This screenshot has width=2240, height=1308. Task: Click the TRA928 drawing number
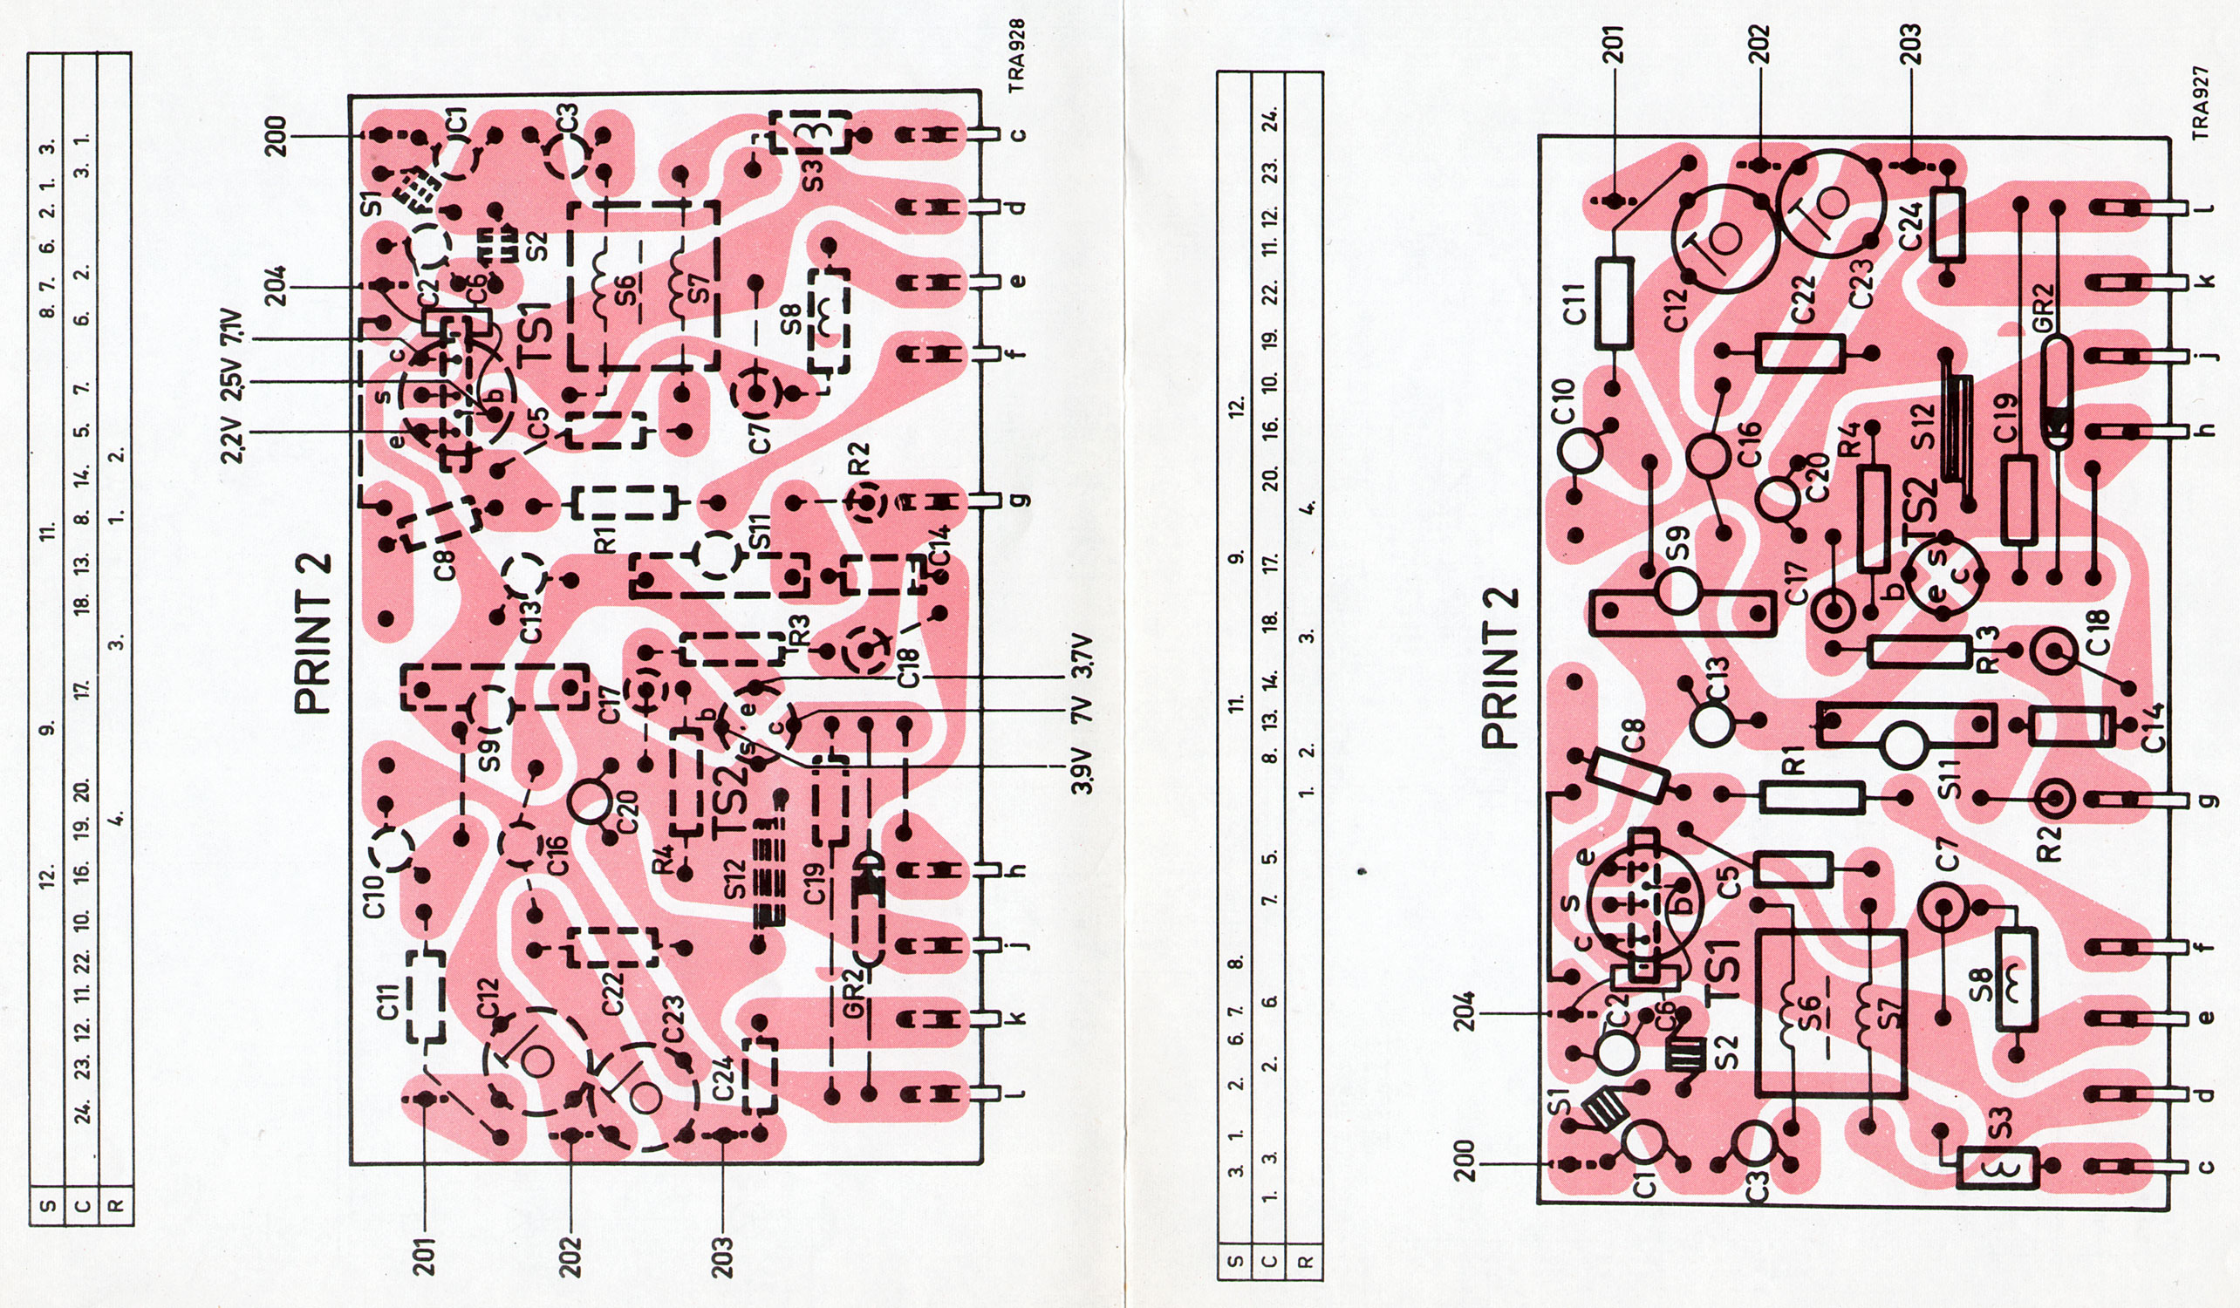click(1019, 55)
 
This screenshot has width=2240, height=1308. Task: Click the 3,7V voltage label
click(1082, 657)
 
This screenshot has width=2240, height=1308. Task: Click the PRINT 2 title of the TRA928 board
click(314, 633)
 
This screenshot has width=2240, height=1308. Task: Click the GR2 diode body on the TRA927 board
click(2055, 391)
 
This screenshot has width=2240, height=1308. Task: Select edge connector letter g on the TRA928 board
click(1020, 501)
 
